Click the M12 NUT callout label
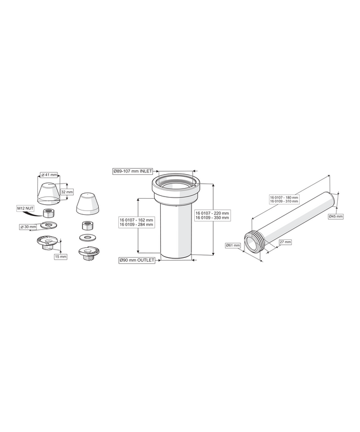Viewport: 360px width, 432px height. point(25,209)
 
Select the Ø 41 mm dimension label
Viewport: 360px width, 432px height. point(49,175)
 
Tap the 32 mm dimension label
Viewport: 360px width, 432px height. point(67,192)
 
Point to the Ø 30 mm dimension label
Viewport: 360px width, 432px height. point(28,227)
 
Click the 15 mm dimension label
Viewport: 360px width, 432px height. point(61,257)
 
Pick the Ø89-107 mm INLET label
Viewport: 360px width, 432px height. point(133,171)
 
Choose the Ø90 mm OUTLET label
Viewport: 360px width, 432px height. point(137,260)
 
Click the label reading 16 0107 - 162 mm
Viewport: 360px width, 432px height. point(136,220)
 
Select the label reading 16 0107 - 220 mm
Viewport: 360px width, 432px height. point(212,213)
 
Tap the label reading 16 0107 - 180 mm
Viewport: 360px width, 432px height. point(284,198)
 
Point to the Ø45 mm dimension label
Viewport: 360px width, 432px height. point(336,217)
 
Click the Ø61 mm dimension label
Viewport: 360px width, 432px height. point(233,245)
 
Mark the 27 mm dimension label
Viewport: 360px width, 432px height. point(285,242)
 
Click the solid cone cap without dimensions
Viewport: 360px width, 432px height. point(87,204)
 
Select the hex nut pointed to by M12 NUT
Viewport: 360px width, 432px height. point(50,213)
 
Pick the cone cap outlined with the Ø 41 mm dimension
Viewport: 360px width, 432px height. point(49,194)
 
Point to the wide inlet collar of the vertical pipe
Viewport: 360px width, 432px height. point(175,188)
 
